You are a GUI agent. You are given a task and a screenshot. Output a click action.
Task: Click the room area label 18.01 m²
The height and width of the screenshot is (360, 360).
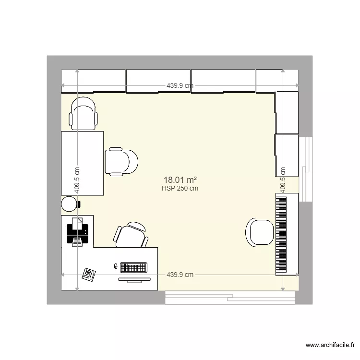tap(180, 180)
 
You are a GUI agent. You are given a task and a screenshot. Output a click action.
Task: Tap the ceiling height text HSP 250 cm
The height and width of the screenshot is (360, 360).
tap(180, 189)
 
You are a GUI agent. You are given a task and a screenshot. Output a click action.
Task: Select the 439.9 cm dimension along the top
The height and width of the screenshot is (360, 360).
tap(180, 86)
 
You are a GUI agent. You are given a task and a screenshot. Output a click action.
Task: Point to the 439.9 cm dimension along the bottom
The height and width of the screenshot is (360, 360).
tap(180, 275)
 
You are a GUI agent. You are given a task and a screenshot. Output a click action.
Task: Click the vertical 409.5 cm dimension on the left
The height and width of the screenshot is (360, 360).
tap(77, 180)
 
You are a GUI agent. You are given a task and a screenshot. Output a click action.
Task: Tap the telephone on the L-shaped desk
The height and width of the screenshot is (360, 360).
tap(89, 274)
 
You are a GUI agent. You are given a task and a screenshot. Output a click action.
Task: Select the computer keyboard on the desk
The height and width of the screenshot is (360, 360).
tap(134, 266)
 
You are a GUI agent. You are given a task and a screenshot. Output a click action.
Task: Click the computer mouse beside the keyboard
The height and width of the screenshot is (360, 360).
tap(115, 266)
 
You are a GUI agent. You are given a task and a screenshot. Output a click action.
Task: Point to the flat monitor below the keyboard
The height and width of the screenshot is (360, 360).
tap(134, 279)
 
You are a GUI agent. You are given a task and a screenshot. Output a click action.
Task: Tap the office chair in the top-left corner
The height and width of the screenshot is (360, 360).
tap(83, 113)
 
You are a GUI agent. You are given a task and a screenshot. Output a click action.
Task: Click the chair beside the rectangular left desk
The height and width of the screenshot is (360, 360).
tap(121, 162)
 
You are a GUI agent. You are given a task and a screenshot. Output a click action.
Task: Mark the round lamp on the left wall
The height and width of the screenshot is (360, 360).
tap(69, 204)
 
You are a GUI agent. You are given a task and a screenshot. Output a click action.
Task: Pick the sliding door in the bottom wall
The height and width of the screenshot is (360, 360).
tap(229, 297)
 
